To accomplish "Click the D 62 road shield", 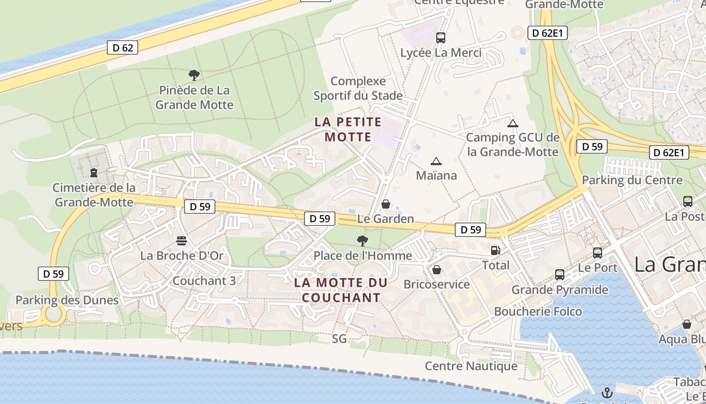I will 123,47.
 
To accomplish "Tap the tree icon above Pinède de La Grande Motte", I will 194,76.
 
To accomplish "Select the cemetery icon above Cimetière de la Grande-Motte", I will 94,173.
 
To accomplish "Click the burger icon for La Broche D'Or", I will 182,240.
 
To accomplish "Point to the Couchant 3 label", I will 204,280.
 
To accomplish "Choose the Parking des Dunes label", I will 67,300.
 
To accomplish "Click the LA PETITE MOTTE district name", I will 348,129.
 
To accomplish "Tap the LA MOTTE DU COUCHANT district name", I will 341,290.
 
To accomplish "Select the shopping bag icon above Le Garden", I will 386,204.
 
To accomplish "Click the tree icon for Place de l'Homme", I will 362,240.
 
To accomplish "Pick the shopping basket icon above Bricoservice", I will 437,270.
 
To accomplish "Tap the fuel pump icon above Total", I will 496,250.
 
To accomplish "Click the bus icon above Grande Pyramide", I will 560,275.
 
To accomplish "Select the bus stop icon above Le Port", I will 598,252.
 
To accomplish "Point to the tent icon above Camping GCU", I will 513,123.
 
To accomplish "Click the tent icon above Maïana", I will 436,161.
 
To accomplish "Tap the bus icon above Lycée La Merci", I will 441,37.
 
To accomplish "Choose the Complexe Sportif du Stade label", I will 358,88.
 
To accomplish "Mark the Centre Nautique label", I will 471,366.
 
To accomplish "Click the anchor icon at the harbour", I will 608,392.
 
